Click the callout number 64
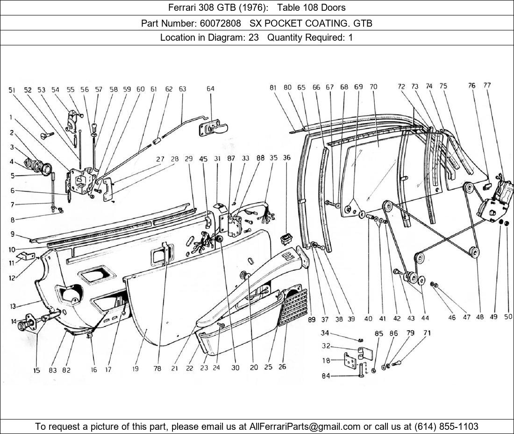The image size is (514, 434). click(210, 88)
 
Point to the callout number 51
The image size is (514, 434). click(12, 90)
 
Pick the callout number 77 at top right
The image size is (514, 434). click(487, 85)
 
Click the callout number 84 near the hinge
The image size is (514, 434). click(326, 376)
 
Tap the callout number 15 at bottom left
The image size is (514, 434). click(36, 370)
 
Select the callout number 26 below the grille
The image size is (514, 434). click(282, 367)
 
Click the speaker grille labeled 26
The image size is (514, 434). click(293, 307)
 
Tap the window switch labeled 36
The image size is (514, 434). click(286, 240)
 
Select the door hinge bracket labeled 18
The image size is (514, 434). click(350, 361)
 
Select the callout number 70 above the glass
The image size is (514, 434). click(373, 87)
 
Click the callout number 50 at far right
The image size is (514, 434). click(508, 316)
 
